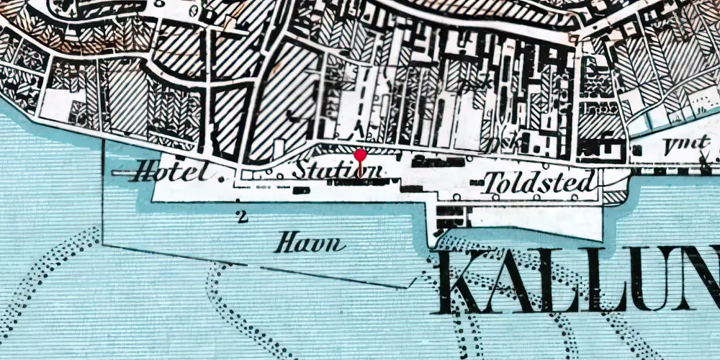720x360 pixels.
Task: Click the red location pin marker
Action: tap(360, 155)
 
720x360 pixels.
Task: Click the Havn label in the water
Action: tap(310, 245)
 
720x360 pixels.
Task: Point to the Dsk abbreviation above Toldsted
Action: tap(500, 144)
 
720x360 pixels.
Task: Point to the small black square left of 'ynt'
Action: tap(637, 150)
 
